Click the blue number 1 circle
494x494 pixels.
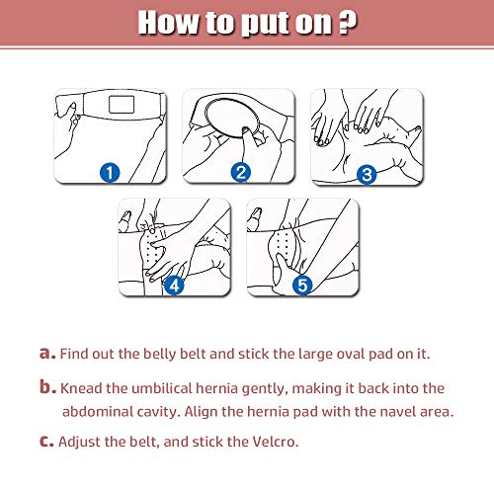(x=110, y=173)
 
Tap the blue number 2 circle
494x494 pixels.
(x=241, y=172)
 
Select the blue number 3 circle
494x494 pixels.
(x=367, y=174)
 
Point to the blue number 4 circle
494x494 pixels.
(x=174, y=285)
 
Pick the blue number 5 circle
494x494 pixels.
(x=302, y=285)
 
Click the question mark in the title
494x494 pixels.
(x=348, y=23)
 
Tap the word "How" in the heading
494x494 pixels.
(x=168, y=23)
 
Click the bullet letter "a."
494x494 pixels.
(x=47, y=353)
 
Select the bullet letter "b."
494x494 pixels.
(x=47, y=386)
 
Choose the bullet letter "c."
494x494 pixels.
(x=46, y=441)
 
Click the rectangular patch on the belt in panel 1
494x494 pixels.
(x=122, y=104)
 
